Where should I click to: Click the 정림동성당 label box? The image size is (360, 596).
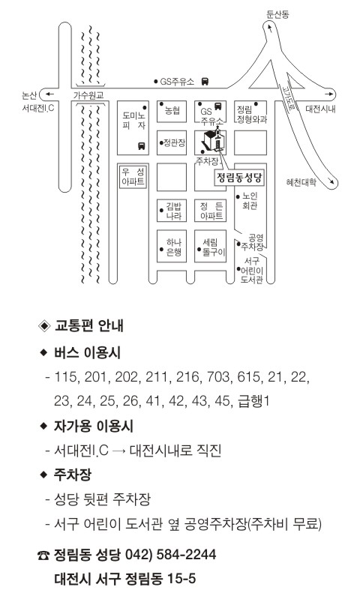[x=239, y=178]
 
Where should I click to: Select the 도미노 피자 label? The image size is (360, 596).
[x=133, y=120]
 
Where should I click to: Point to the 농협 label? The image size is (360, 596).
[x=172, y=110]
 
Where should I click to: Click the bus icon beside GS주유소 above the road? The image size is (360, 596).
[x=205, y=81]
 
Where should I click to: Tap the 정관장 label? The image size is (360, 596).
[x=174, y=142]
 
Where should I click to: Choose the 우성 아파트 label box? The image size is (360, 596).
[x=133, y=177]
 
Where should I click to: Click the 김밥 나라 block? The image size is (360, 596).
[x=172, y=211]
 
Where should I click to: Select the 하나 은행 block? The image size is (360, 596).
[x=172, y=246]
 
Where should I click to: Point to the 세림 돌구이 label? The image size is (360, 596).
[x=213, y=247]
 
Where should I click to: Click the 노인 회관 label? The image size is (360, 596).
[x=250, y=201]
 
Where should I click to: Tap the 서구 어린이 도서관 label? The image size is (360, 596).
[x=252, y=271]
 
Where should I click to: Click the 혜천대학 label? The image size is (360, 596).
[x=301, y=182]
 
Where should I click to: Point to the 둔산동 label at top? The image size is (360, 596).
[x=277, y=14]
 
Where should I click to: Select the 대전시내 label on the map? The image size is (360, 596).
[x=320, y=109]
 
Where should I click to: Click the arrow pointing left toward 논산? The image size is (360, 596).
[x=49, y=94]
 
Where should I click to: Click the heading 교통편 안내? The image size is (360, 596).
[x=89, y=326]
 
